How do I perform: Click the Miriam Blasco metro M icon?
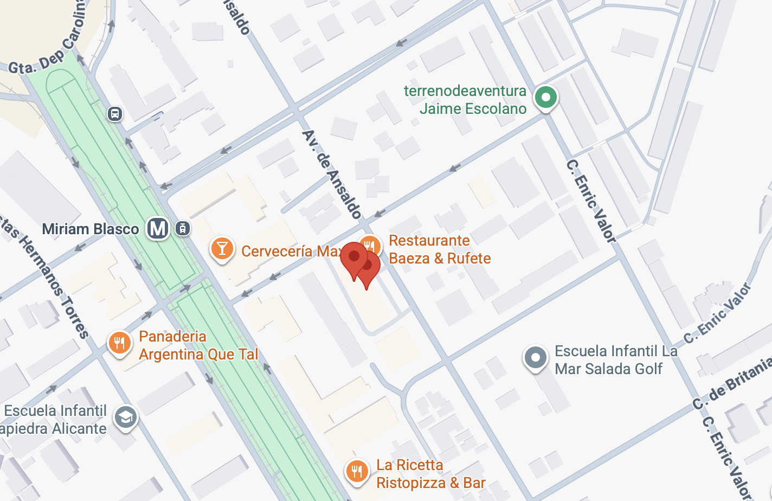(158, 228)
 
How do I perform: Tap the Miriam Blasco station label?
(91, 229)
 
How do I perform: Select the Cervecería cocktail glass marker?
(222, 248)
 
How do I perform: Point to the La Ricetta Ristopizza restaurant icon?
(357, 471)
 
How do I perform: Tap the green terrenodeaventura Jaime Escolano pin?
(546, 98)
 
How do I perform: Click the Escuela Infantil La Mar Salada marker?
(536, 358)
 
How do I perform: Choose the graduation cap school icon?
(126, 418)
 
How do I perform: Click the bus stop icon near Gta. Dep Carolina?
(114, 114)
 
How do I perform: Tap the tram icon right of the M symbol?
(183, 228)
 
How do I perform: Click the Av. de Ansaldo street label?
(332, 174)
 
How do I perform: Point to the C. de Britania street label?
(732, 382)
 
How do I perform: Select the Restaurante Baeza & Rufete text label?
(440, 249)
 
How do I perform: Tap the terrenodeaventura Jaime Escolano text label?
(465, 100)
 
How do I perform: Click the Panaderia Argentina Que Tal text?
(198, 345)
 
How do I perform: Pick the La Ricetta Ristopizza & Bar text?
(430, 474)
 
